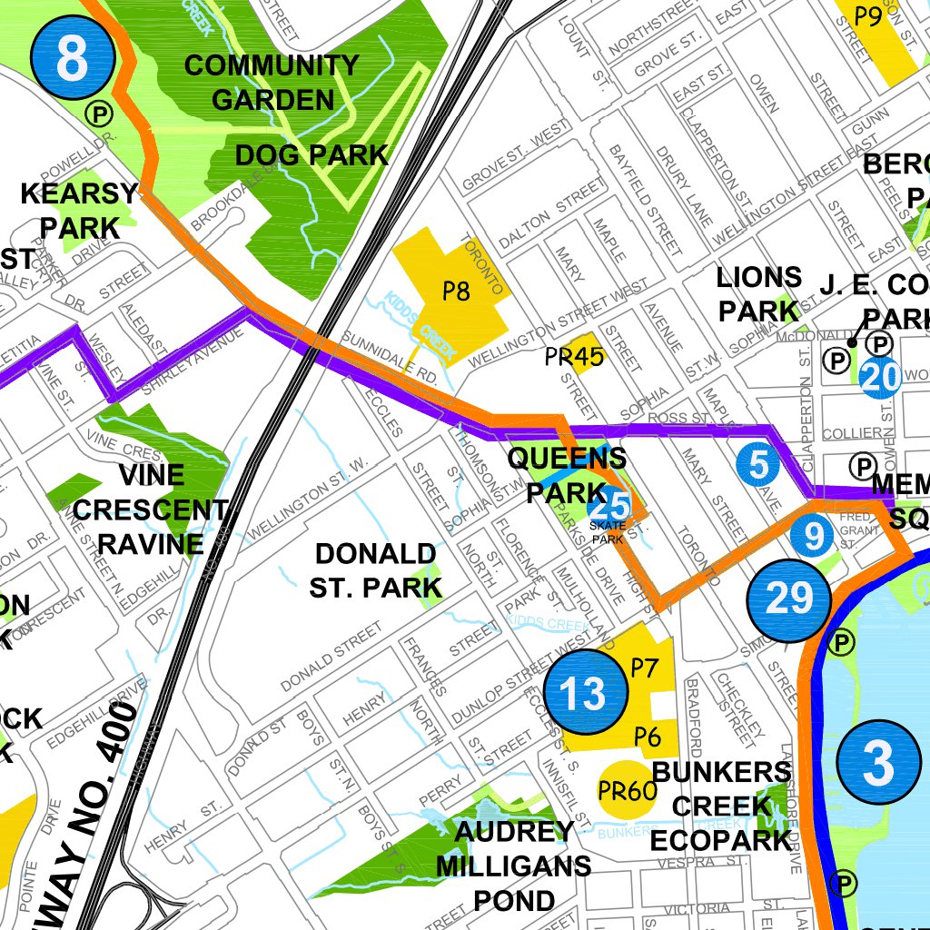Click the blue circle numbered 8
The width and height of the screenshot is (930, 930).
click(72, 59)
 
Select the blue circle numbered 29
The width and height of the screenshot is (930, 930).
click(789, 599)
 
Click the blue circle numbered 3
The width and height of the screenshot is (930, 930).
click(878, 763)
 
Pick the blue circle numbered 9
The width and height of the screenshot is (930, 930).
click(812, 535)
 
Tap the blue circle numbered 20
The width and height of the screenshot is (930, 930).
click(880, 377)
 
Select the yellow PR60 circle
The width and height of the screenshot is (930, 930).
click(628, 792)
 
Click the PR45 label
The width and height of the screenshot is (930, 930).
click(574, 357)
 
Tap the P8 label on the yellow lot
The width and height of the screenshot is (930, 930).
click(456, 292)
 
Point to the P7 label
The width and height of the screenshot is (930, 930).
click(644, 669)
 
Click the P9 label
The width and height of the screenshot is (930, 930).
click(869, 17)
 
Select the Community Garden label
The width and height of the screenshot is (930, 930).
click(272, 82)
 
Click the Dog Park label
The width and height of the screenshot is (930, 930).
click(312, 155)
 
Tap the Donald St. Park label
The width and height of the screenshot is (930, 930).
click(375, 570)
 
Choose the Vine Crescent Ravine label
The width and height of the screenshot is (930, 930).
click(151, 510)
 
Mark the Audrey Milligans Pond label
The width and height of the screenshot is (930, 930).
click(513, 866)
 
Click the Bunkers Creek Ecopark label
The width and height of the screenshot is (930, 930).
click(721, 806)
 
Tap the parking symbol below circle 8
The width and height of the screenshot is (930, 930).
click(97, 113)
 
